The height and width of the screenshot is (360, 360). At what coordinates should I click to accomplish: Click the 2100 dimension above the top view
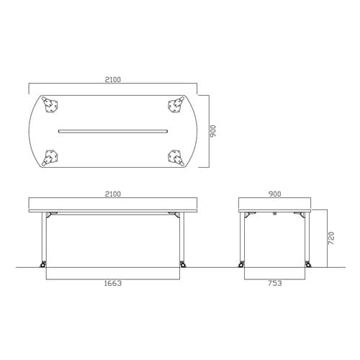(113, 79)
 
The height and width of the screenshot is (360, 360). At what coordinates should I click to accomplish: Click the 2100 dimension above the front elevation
(113, 194)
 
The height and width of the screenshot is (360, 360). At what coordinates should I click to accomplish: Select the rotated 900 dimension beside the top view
(213, 131)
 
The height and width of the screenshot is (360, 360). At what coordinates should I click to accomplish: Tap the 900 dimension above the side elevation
(274, 194)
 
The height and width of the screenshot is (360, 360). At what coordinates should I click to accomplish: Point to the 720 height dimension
(331, 238)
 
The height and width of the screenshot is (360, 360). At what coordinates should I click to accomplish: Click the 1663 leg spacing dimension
(113, 283)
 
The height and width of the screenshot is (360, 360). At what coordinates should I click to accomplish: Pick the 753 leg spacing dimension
(275, 283)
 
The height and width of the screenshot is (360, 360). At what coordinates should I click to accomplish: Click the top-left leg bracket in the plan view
(50, 104)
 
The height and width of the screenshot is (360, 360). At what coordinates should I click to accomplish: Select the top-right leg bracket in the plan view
(176, 104)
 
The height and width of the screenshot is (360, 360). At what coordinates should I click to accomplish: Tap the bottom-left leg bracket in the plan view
(50, 158)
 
